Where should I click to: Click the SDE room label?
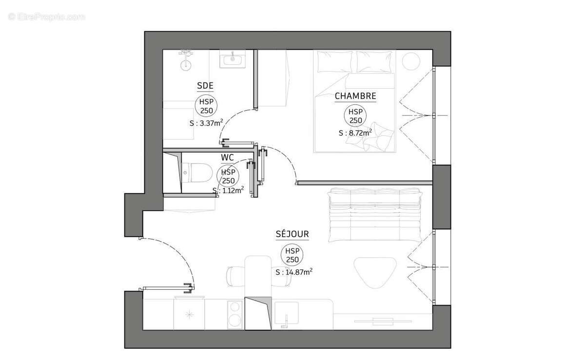click(x=205, y=87)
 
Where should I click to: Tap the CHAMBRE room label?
click(x=355, y=96)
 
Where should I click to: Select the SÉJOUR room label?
click(x=292, y=234)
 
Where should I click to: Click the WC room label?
click(x=227, y=158)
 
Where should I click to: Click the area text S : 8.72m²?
click(x=355, y=133)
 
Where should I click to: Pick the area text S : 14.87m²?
click(x=294, y=272)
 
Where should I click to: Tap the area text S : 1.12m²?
click(x=228, y=190)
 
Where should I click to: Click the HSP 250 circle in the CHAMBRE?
click(x=355, y=116)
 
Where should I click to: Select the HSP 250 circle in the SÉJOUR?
click(x=292, y=255)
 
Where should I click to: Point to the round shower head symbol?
click(x=186, y=64)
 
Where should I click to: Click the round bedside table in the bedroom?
click(x=410, y=61)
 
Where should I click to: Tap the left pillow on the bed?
click(x=334, y=61)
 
